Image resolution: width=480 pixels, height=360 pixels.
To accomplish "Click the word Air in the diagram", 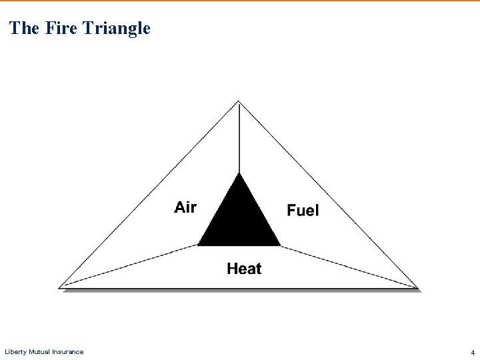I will click(185, 207).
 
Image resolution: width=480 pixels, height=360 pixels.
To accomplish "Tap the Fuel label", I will click(303, 211).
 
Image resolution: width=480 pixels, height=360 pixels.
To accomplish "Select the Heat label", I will click(244, 269).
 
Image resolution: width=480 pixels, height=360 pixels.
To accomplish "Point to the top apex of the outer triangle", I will click(239, 101).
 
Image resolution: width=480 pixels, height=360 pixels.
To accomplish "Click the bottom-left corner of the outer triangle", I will click(61, 287).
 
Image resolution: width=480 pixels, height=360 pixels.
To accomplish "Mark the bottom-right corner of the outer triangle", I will click(417, 288).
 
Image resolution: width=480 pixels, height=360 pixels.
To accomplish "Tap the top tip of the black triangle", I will click(239, 174).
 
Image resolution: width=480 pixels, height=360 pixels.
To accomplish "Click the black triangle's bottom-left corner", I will click(199, 245).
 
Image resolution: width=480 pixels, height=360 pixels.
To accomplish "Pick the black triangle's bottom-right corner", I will click(280, 245).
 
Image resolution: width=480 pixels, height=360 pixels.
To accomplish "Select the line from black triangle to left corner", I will click(129, 266).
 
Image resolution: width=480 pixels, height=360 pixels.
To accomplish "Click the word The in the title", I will click(25, 28).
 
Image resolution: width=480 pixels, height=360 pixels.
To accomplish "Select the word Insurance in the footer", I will click(69, 351).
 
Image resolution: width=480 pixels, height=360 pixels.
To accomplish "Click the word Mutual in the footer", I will click(39, 351).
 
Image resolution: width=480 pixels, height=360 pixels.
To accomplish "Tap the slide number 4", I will click(472, 352).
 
